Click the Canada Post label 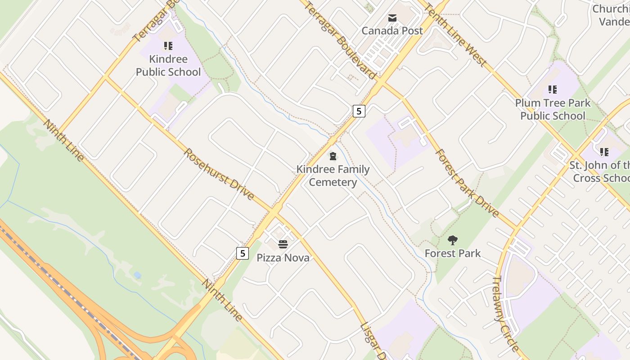point(392,31)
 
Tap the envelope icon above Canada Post point(392,18)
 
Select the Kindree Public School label point(168,65)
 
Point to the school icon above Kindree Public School point(168,45)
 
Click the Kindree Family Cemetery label point(333,175)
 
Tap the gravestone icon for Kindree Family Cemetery point(333,156)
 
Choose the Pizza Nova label point(283,257)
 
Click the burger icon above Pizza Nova point(283,244)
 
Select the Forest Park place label point(453,253)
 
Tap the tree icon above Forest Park point(453,240)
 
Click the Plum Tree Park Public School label point(553,109)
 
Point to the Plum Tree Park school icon point(553,90)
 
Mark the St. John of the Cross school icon point(604,152)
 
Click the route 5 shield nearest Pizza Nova point(243,253)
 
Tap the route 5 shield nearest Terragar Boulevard point(359,111)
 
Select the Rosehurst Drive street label point(219,174)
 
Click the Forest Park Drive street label point(467,183)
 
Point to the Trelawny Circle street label point(506,313)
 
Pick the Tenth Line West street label point(455,35)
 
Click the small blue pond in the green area point(137,275)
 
